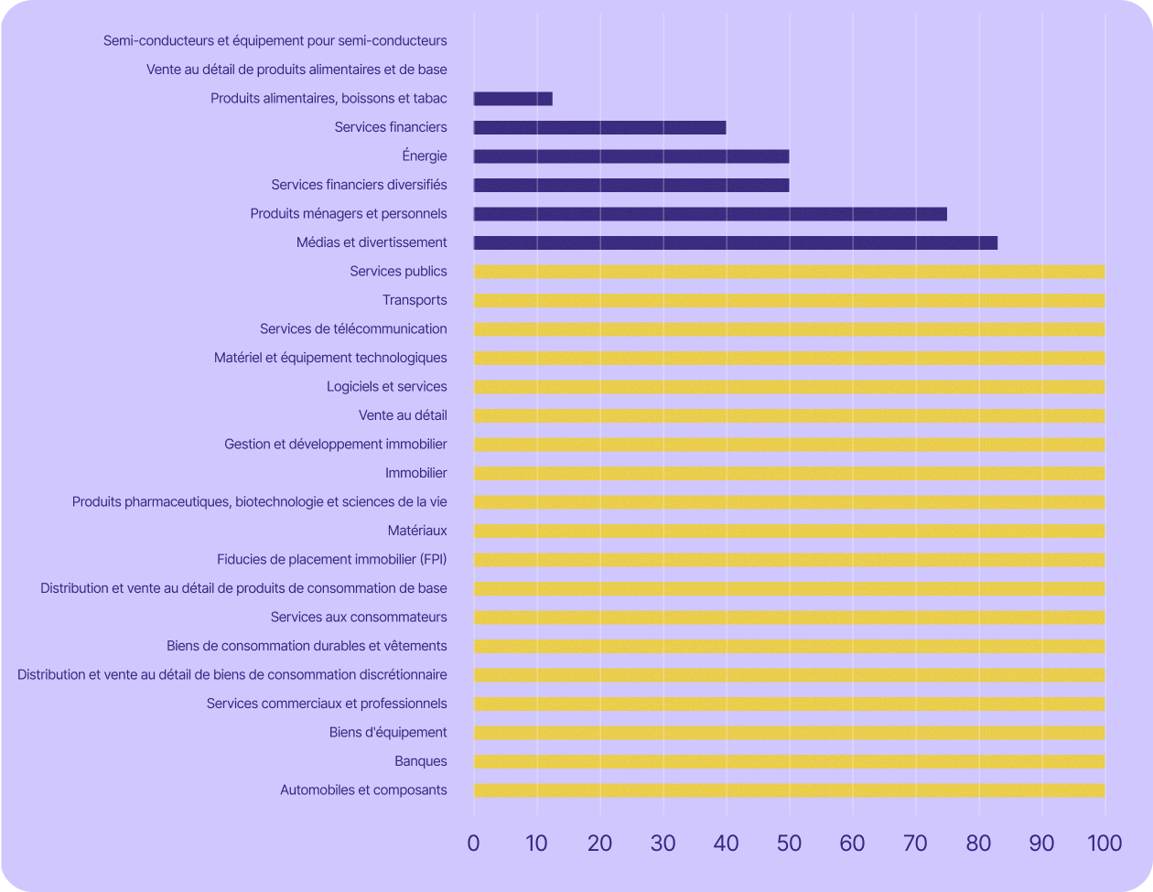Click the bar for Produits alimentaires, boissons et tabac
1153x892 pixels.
pyautogui.click(x=512, y=99)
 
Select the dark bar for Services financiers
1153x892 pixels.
pyautogui.click(x=599, y=127)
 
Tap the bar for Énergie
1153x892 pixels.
pyautogui.click(x=631, y=156)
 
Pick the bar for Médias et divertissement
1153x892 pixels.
pyautogui.click(x=735, y=242)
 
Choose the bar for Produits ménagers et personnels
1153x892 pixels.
pyautogui.click(x=710, y=214)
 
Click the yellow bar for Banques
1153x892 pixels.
pyautogui.click(x=789, y=761)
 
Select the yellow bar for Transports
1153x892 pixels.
pyautogui.click(x=789, y=300)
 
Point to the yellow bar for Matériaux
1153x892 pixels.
pyautogui.click(x=789, y=531)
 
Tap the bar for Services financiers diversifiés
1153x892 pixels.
pyautogui.click(x=631, y=185)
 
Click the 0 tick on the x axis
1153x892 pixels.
pyautogui.click(x=473, y=844)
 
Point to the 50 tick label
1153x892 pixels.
pyautogui.click(x=789, y=844)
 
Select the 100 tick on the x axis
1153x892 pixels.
pyautogui.click(x=1105, y=844)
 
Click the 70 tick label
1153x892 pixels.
pyautogui.click(x=915, y=844)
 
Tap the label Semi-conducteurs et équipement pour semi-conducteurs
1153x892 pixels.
pyautogui.click(x=275, y=40)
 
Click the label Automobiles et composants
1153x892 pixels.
pyautogui.click(x=363, y=790)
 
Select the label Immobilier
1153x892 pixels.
pyautogui.click(x=415, y=473)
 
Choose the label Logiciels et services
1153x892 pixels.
pyautogui.click(x=386, y=386)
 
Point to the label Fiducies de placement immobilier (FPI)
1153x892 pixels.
pyautogui.click(x=331, y=559)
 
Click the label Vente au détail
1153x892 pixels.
pyautogui.click(x=403, y=415)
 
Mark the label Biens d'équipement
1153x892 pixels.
pyautogui.click(x=388, y=732)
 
